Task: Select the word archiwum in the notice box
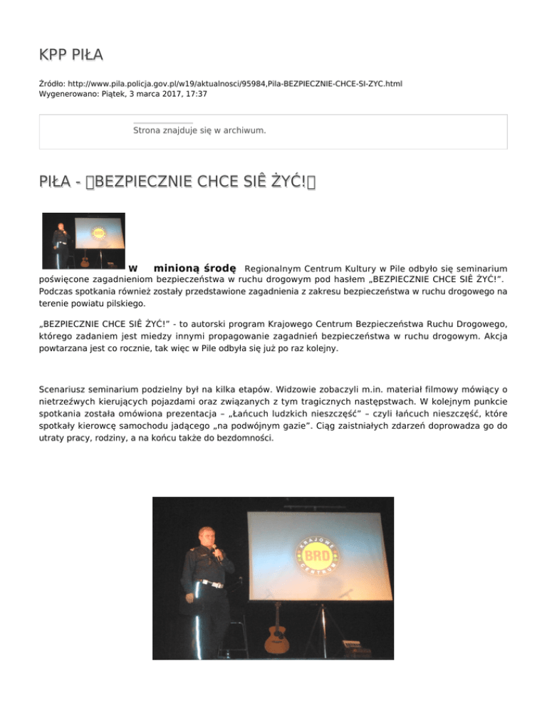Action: tap(244, 130)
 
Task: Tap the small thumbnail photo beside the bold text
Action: tap(83, 241)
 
